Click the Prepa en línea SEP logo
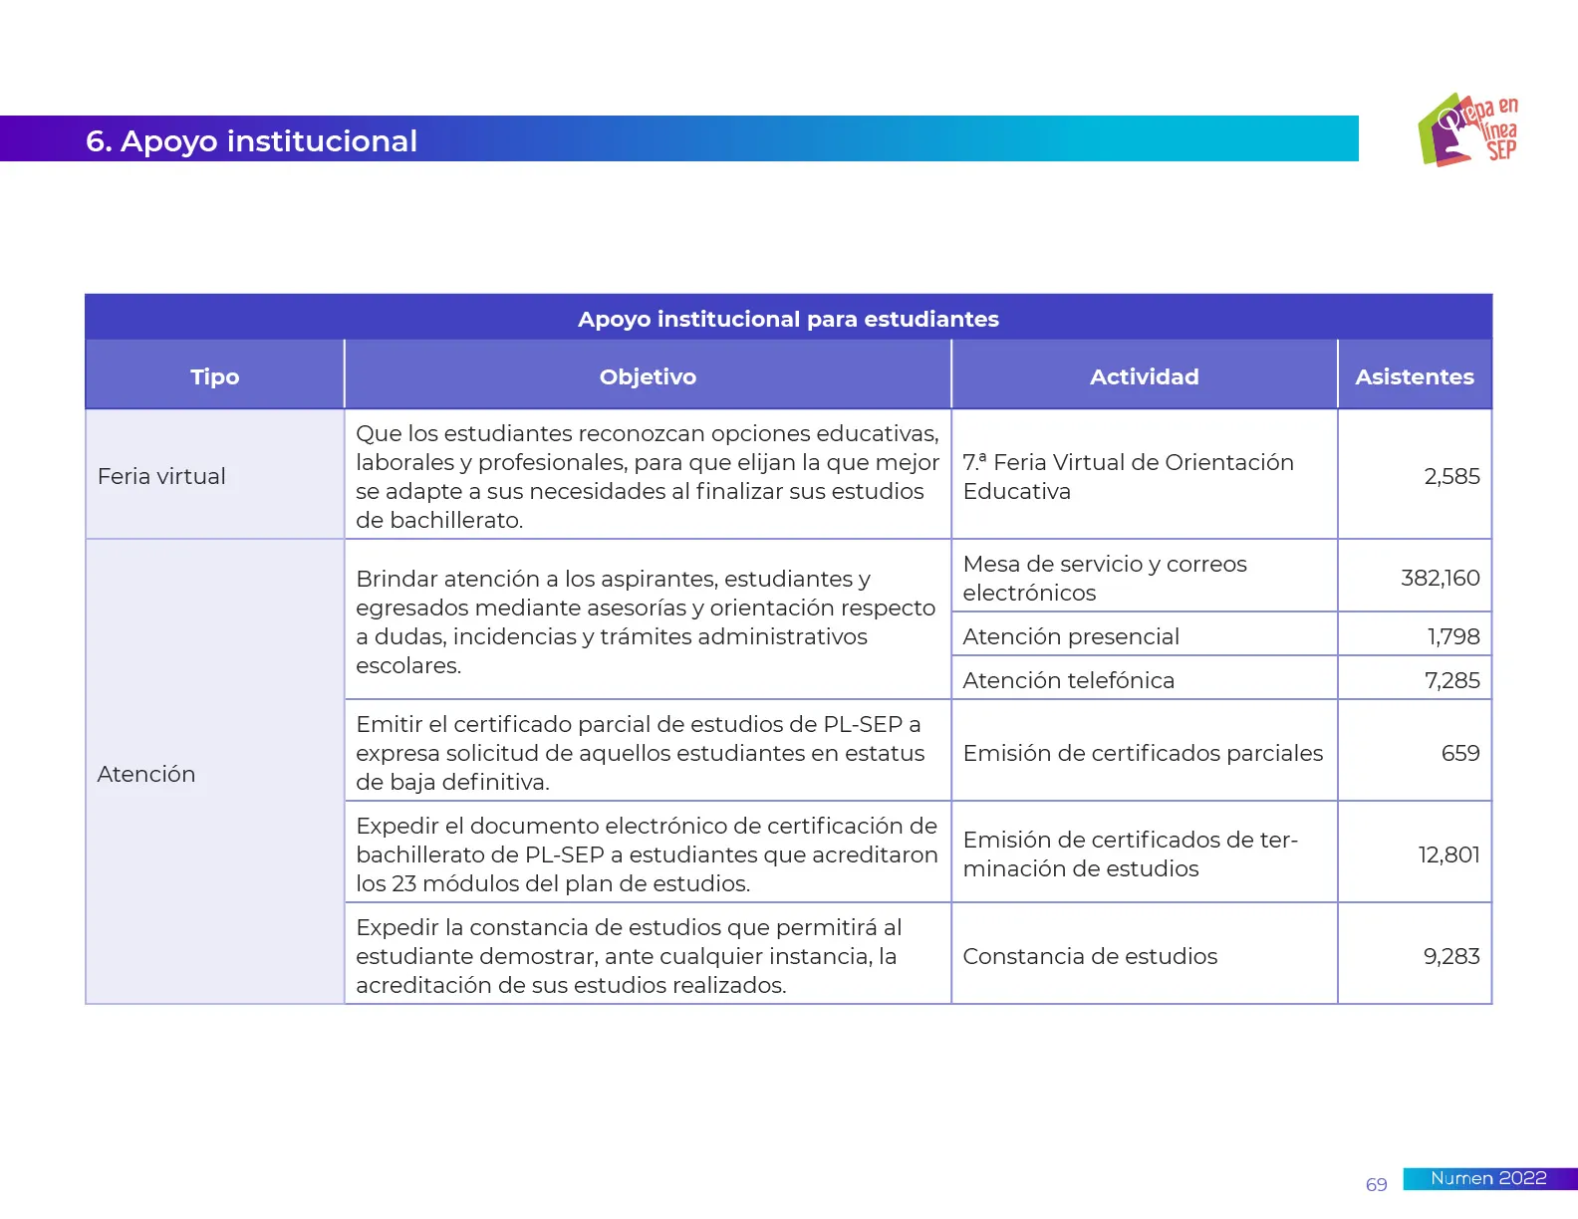tap(1468, 129)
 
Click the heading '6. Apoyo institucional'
tap(251, 141)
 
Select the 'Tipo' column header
tap(215, 376)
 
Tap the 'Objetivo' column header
tap(648, 376)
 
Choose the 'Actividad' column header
tap(1144, 376)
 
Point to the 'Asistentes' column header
tap(1414, 376)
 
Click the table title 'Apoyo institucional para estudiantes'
tap(788, 319)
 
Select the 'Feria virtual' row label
tap(161, 476)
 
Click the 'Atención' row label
tap(146, 774)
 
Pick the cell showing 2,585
tap(1451, 476)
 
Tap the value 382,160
tap(1440, 578)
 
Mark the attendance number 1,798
tap(1452, 636)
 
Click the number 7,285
tap(1451, 680)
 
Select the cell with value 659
tap(1459, 753)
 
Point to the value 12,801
tap(1448, 854)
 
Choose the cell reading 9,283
tap(1450, 956)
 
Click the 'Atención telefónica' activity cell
tap(1068, 680)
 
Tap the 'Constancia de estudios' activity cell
tap(1090, 956)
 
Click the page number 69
tap(1376, 1184)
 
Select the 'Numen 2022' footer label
tap(1488, 1178)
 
